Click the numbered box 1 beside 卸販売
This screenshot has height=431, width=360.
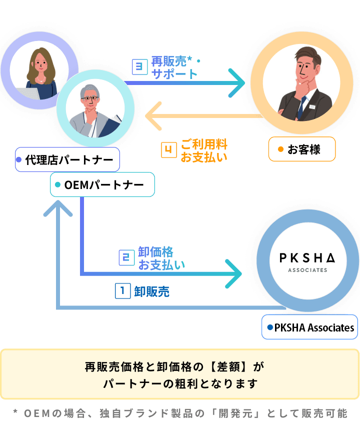point(122,291)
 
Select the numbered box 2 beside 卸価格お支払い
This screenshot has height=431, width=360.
point(126,258)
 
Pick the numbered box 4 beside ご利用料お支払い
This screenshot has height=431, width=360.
point(169,150)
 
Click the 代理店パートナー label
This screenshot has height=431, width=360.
point(67,160)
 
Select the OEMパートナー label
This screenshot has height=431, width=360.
point(102,185)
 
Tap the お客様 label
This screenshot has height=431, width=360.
point(301,149)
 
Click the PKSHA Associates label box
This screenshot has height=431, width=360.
point(309,327)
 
